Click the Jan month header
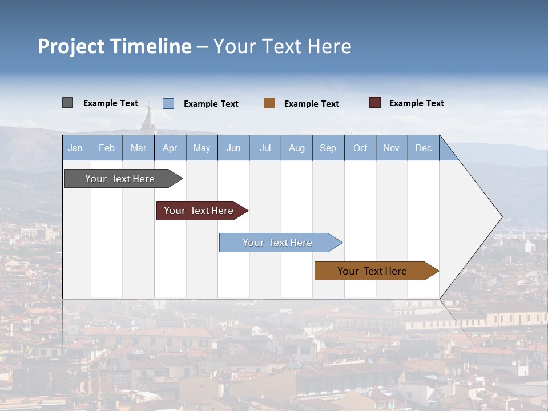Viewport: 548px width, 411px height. tap(75, 148)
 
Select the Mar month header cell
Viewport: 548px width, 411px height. tap(138, 148)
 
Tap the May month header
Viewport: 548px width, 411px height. tap(202, 148)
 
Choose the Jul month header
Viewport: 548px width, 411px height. tap(265, 148)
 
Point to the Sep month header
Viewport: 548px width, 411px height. tap(328, 148)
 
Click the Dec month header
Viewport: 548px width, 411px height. tap(423, 148)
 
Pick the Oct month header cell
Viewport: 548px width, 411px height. tap(360, 148)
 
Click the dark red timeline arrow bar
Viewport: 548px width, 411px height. tap(200, 211)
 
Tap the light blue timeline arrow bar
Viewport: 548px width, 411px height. tap(279, 243)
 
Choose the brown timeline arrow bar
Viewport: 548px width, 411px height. tap(374, 271)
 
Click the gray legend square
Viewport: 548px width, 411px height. tap(67, 103)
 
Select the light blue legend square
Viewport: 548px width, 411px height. tap(168, 103)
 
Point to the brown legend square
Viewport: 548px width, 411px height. tap(269, 103)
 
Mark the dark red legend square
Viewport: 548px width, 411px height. tap(375, 103)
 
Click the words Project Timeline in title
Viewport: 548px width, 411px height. tap(115, 46)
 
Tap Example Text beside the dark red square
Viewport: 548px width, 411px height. tap(416, 103)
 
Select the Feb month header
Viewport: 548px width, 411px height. tap(107, 148)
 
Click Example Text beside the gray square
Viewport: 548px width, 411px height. tap(111, 103)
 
